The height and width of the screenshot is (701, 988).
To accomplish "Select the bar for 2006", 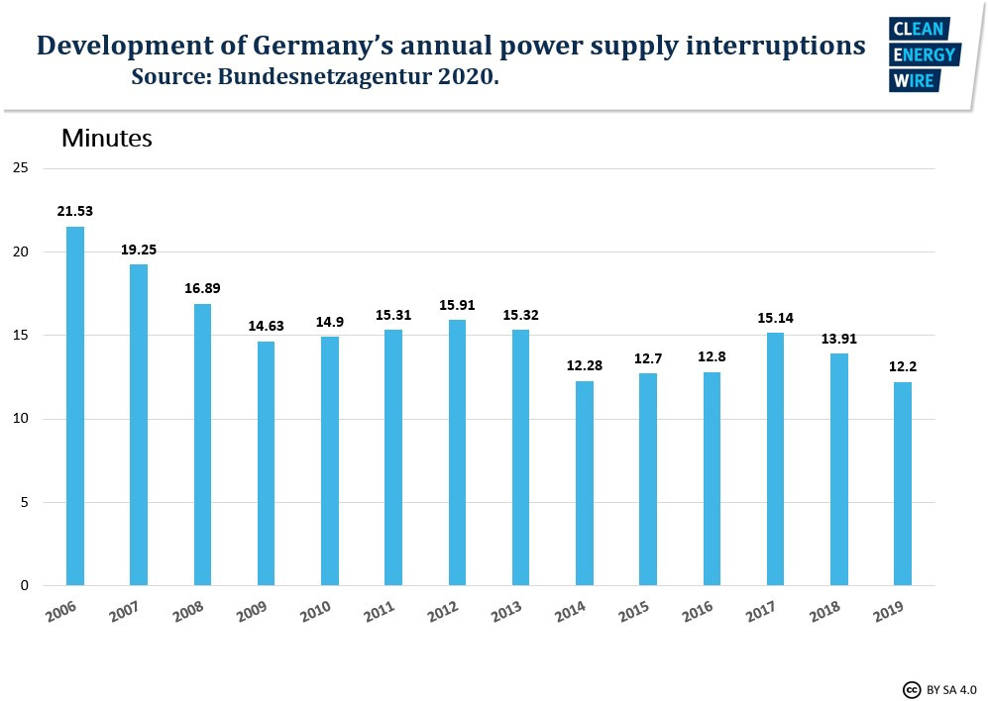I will tap(75, 406).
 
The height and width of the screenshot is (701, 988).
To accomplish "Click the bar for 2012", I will tap(457, 452).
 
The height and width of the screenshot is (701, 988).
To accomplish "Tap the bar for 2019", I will tap(903, 483).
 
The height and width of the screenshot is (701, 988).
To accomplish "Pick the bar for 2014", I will tap(585, 483).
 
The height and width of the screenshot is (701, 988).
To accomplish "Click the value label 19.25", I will tap(139, 250).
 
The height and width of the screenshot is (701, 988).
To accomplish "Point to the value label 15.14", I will tap(776, 319).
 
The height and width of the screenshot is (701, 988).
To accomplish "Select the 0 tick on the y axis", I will tap(24, 586).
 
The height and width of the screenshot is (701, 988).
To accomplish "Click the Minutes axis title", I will tap(107, 138).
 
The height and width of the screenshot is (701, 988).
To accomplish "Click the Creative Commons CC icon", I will tap(911, 689).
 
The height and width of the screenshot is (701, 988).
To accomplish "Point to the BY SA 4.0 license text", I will tap(951, 689).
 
